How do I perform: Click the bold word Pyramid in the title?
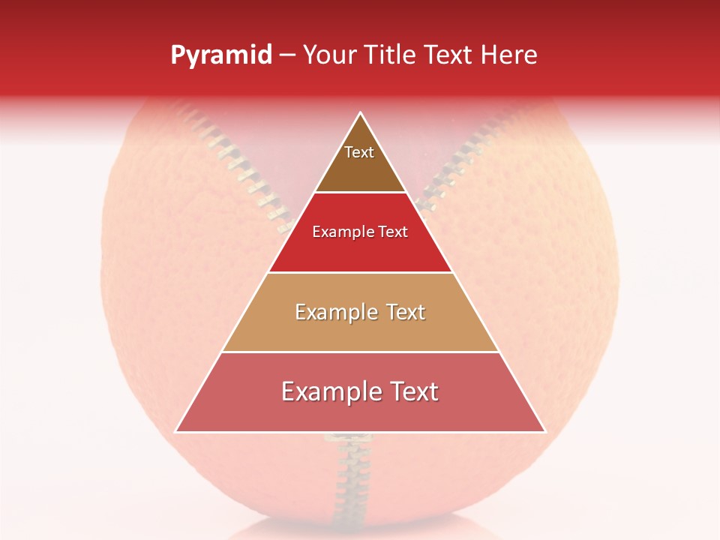pyautogui.click(x=221, y=55)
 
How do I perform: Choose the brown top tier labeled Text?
pyautogui.click(x=359, y=161)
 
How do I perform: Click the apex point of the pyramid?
pyautogui.click(x=361, y=113)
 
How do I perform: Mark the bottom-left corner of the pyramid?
pyautogui.click(x=176, y=431)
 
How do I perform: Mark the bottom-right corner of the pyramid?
pyautogui.click(x=544, y=431)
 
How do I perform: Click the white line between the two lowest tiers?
pyautogui.click(x=360, y=352)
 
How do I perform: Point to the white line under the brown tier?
pyautogui.click(x=360, y=193)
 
